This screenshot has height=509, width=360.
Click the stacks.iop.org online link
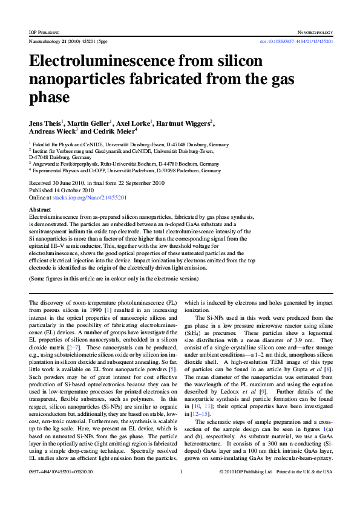pos(88,197)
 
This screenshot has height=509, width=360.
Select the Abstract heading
pos(41,209)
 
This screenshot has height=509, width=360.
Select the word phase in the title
pos(49,97)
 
